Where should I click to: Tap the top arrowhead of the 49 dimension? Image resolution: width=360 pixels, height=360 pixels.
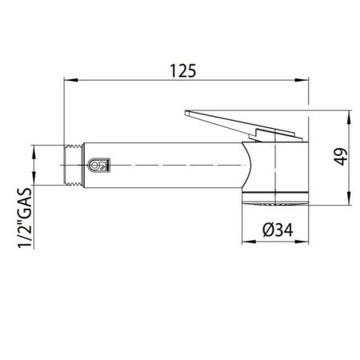(350, 114)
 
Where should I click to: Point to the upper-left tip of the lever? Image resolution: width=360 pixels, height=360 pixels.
(186, 111)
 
